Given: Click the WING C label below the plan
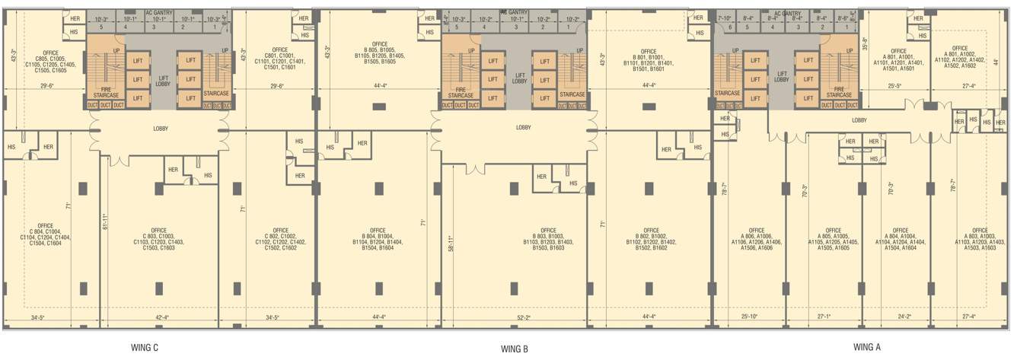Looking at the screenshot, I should pos(145,348).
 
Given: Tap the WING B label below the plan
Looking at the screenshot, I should pos(515,349).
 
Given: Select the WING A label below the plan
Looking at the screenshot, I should pos(867,347).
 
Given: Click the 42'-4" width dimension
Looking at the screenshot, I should pos(164,317).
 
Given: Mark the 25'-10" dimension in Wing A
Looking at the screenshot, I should pos(750,317).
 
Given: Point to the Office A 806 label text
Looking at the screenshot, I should pos(757,238).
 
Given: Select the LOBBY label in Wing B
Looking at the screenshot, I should pos(523,128).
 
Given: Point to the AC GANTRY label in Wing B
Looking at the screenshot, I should pos(514,12).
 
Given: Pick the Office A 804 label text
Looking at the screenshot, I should pos(901,238).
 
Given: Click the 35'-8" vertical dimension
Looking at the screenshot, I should pos(866,44).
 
